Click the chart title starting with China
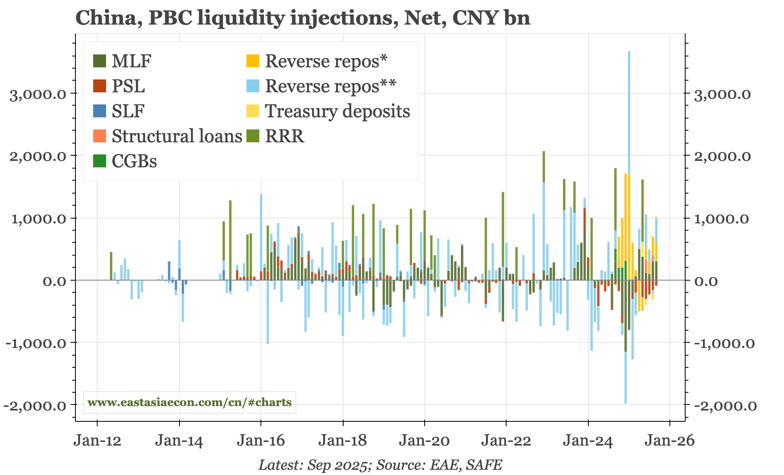click(302, 18)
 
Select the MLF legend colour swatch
click(99, 61)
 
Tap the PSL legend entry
click(128, 86)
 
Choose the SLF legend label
click(128, 111)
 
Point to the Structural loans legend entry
click(176, 136)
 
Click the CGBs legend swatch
click(99, 161)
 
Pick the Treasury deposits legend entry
click(337, 111)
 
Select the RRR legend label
click(284, 136)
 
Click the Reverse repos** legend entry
click(330, 86)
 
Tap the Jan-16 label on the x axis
click(261, 441)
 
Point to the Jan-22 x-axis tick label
click(506, 441)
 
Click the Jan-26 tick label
click(669, 441)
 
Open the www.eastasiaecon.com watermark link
click(190, 402)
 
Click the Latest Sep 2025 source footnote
click(380, 465)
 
